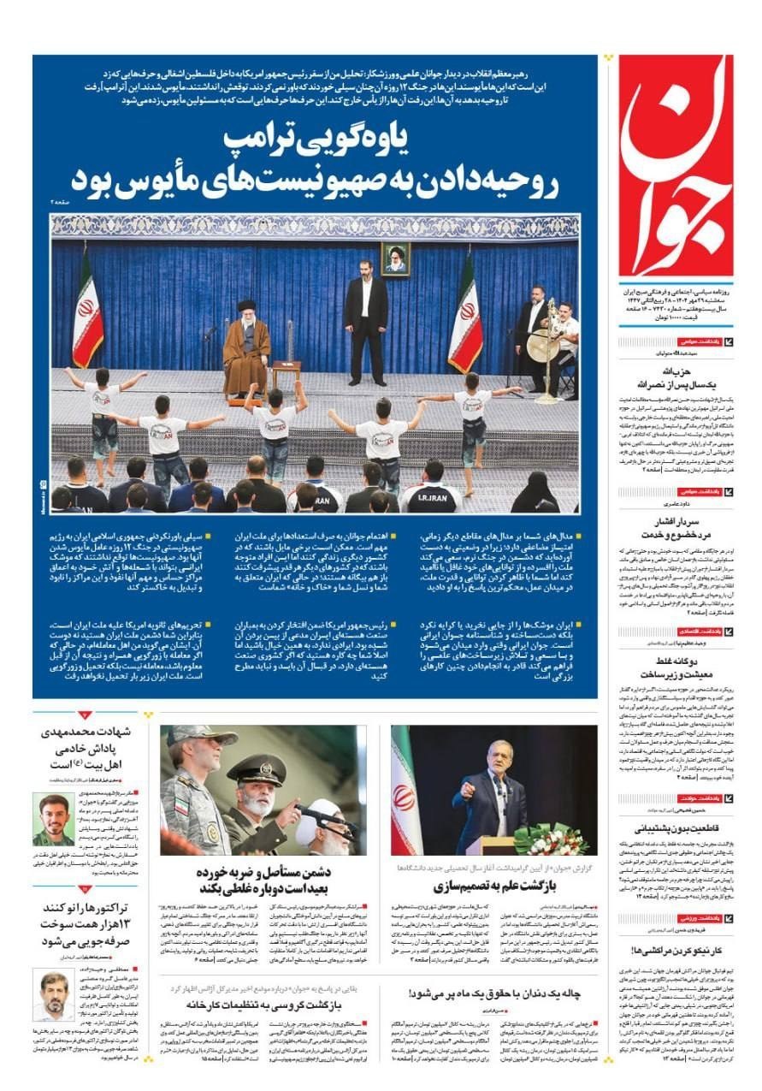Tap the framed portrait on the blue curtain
click(x=394, y=258)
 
